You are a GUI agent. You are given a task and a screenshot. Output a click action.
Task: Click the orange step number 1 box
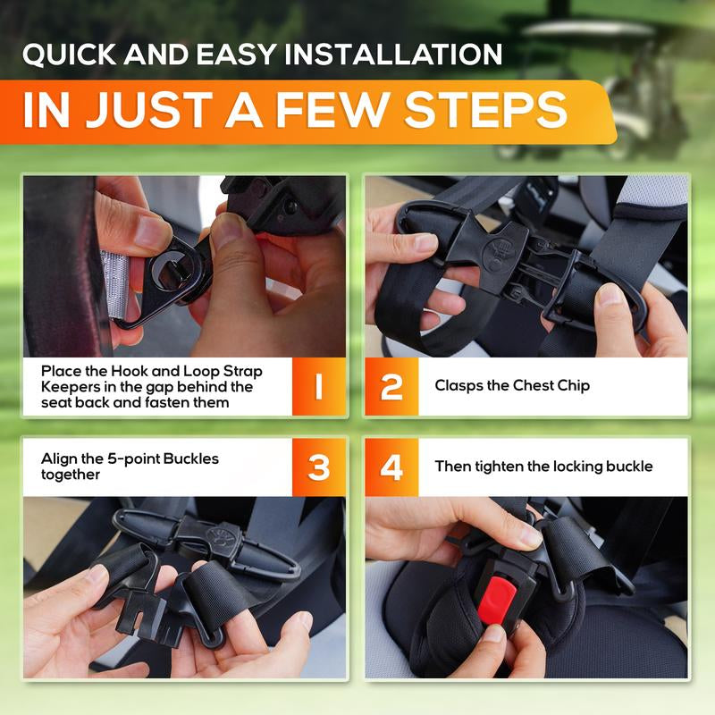318,387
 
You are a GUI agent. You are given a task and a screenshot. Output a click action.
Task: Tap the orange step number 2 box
391,387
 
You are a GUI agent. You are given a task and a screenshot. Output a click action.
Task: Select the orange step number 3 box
318,467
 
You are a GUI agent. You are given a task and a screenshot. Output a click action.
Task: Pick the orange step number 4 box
391,467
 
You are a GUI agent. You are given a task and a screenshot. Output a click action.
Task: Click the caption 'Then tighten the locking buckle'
543,467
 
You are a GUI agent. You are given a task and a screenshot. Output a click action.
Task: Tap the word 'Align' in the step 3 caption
59,458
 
